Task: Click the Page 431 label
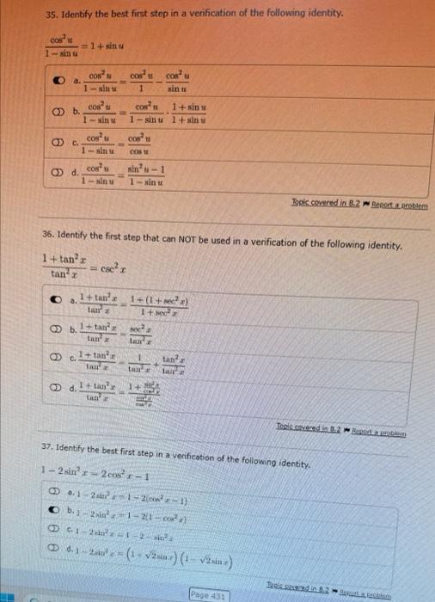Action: [x=211, y=593]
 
